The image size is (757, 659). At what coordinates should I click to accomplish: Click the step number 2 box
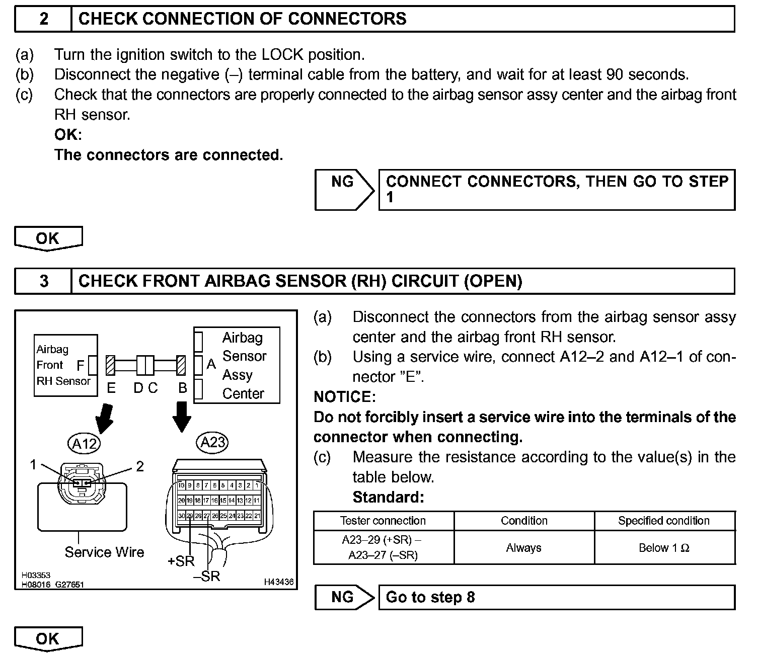tap(44, 19)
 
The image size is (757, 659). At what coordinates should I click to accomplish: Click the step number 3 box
tap(44, 281)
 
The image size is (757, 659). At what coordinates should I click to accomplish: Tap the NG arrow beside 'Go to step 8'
tap(344, 597)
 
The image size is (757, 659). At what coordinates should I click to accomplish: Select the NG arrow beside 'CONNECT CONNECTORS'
tap(344, 190)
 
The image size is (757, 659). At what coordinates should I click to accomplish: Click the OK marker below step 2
tap(48, 238)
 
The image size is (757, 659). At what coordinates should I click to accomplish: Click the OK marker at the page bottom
tap(48, 638)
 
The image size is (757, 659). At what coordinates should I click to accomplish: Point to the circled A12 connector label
tap(84, 444)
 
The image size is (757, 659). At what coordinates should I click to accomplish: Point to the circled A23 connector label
tap(212, 442)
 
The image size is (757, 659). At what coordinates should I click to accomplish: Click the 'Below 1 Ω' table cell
tap(664, 548)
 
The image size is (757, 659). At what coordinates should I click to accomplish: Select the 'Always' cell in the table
tap(523, 548)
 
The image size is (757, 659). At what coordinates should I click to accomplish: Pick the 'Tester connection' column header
tap(383, 521)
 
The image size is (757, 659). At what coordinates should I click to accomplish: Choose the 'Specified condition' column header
tap(664, 521)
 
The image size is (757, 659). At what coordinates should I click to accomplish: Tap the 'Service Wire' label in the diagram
tap(104, 552)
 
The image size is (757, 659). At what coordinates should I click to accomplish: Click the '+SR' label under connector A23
tap(181, 561)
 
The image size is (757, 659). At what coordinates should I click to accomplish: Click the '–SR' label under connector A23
tap(207, 576)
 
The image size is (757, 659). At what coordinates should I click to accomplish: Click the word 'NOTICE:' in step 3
tap(344, 397)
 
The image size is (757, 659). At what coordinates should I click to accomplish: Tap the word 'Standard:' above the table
tap(388, 498)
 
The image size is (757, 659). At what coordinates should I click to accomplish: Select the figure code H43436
tap(278, 582)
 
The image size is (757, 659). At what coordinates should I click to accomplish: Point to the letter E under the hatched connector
tap(111, 388)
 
